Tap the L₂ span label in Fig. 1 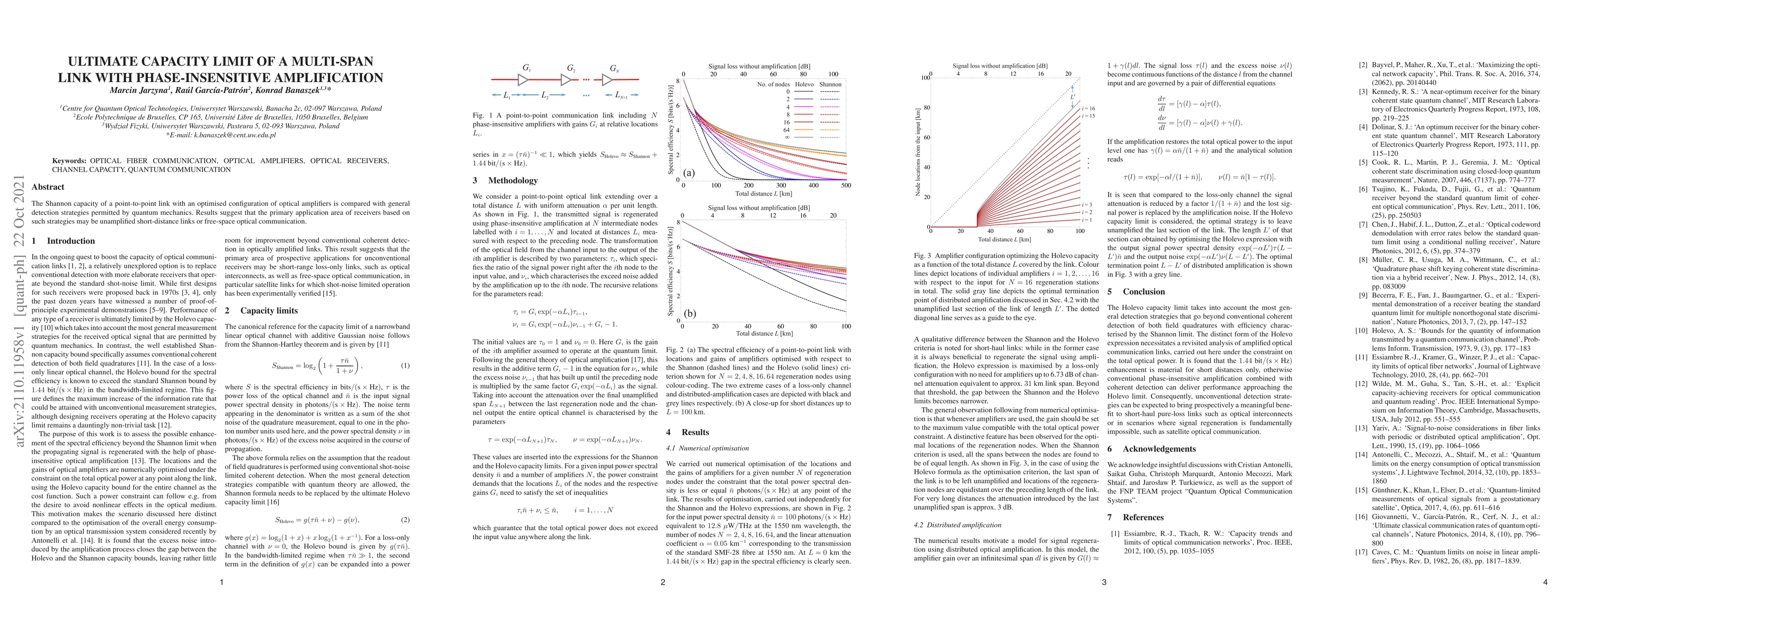(545, 95)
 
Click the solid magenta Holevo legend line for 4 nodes (804, 107)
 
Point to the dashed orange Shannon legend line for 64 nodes (831, 129)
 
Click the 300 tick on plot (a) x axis (781, 186)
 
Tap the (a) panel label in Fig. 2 (689, 173)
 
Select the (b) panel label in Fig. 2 (689, 313)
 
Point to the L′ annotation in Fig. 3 (1073, 97)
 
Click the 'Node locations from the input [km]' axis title (917, 152)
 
